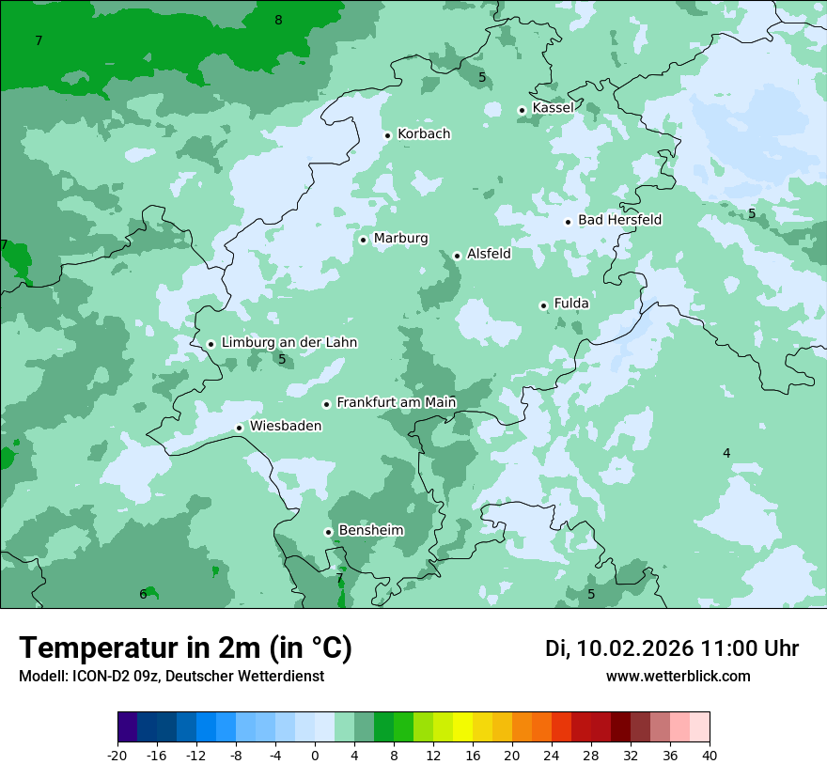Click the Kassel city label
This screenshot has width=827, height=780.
pyautogui.click(x=553, y=108)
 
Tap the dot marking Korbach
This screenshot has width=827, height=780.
pyautogui.click(x=387, y=135)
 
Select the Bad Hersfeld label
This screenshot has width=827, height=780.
pyautogui.click(x=619, y=220)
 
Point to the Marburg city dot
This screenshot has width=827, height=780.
pyautogui.click(x=363, y=240)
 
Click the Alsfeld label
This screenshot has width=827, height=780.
pyautogui.click(x=489, y=254)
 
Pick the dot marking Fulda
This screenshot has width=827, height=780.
pyautogui.click(x=543, y=305)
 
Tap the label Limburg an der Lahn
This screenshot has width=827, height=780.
pyautogui.click(x=289, y=343)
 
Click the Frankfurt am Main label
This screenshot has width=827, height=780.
pyautogui.click(x=396, y=402)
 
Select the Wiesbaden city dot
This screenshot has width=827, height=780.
pyautogui.click(x=240, y=428)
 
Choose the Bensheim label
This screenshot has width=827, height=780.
pyautogui.click(x=370, y=530)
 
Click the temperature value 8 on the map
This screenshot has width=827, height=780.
pyautogui.click(x=278, y=20)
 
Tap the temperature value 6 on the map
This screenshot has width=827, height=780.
pyautogui.click(x=143, y=594)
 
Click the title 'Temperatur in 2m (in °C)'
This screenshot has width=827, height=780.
pyautogui.click(x=185, y=648)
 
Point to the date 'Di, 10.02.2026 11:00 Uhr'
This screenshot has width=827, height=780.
pyautogui.click(x=671, y=648)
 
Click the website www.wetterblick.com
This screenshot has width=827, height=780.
pyautogui.click(x=678, y=676)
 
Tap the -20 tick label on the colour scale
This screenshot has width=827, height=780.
pyautogui.click(x=117, y=756)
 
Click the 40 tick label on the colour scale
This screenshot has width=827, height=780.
pyautogui.click(x=709, y=756)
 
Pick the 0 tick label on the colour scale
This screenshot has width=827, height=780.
pyautogui.click(x=314, y=756)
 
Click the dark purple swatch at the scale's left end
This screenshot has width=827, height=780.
pyautogui.click(x=127, y=727)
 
